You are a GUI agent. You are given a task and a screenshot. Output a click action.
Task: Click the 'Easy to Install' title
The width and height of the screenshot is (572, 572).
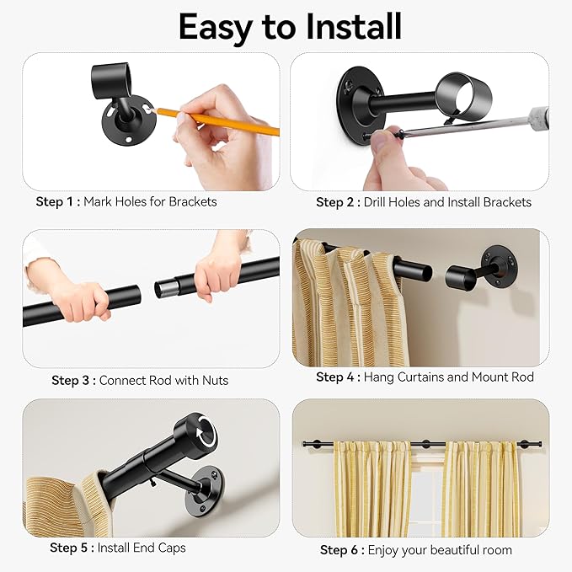click(x=286, y=27)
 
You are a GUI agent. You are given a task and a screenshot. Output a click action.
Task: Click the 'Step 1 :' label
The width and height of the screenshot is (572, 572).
click(x=58, y=202)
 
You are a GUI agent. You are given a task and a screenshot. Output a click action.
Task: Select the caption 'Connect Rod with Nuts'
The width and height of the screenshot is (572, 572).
click(x=163, y=381)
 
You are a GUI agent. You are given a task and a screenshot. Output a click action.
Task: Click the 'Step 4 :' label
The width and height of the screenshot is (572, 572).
click(x=338, y=377)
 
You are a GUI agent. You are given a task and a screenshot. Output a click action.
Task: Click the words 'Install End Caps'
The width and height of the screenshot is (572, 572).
click(x=142, y=548)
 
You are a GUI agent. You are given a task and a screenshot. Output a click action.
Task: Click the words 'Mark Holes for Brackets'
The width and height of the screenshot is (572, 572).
click(x=151, y=202)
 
